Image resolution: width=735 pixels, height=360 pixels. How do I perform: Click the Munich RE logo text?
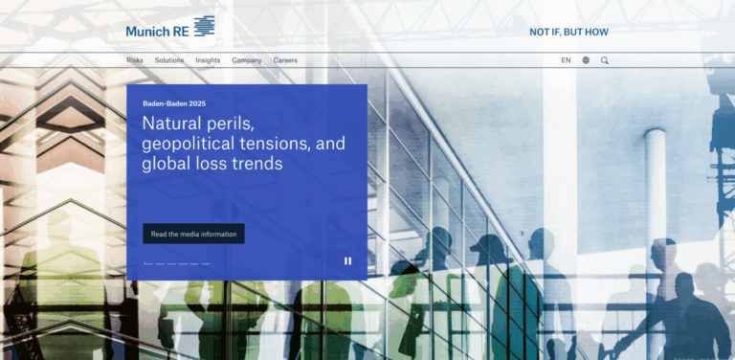tap(157, 31)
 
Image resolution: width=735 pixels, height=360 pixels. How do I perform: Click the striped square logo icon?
tap(204, 27)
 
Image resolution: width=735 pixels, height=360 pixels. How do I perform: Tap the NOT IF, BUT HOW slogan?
tap(568, 32)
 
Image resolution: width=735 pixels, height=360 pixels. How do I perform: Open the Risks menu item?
tap(135, 60)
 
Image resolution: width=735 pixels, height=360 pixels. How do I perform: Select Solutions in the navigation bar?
tap(169, 60)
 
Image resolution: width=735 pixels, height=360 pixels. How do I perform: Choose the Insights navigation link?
tap(208, 60)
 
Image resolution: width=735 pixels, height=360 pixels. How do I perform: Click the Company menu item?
tap(247, 60)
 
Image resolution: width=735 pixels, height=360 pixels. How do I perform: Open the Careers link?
tap(285, 60)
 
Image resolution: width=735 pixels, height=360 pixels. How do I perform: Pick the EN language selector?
tap(566, 60)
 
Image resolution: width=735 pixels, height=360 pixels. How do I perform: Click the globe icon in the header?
tap(586, 60)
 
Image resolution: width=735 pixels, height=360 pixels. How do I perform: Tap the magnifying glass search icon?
tap(605, 60)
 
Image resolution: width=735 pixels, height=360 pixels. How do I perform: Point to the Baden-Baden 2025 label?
tap(173, 103)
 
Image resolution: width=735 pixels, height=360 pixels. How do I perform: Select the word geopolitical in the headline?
tap(189, 144)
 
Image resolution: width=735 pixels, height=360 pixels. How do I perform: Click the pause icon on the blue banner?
tap(347, 260)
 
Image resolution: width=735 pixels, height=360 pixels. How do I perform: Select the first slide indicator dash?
tap(148, 263)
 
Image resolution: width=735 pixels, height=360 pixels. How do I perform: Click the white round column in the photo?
tap(655, 191)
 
